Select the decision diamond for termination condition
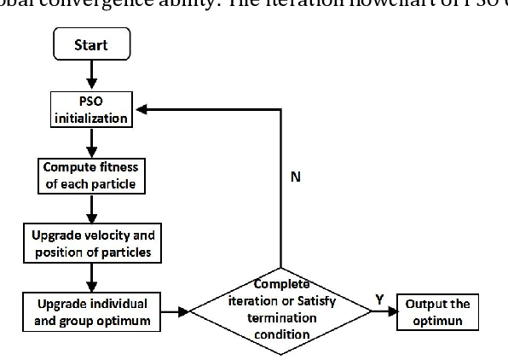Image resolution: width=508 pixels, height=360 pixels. point(281,311)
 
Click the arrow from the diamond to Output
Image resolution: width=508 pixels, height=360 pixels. point(383,311)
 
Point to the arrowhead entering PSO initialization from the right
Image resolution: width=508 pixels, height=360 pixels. point(147,109)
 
